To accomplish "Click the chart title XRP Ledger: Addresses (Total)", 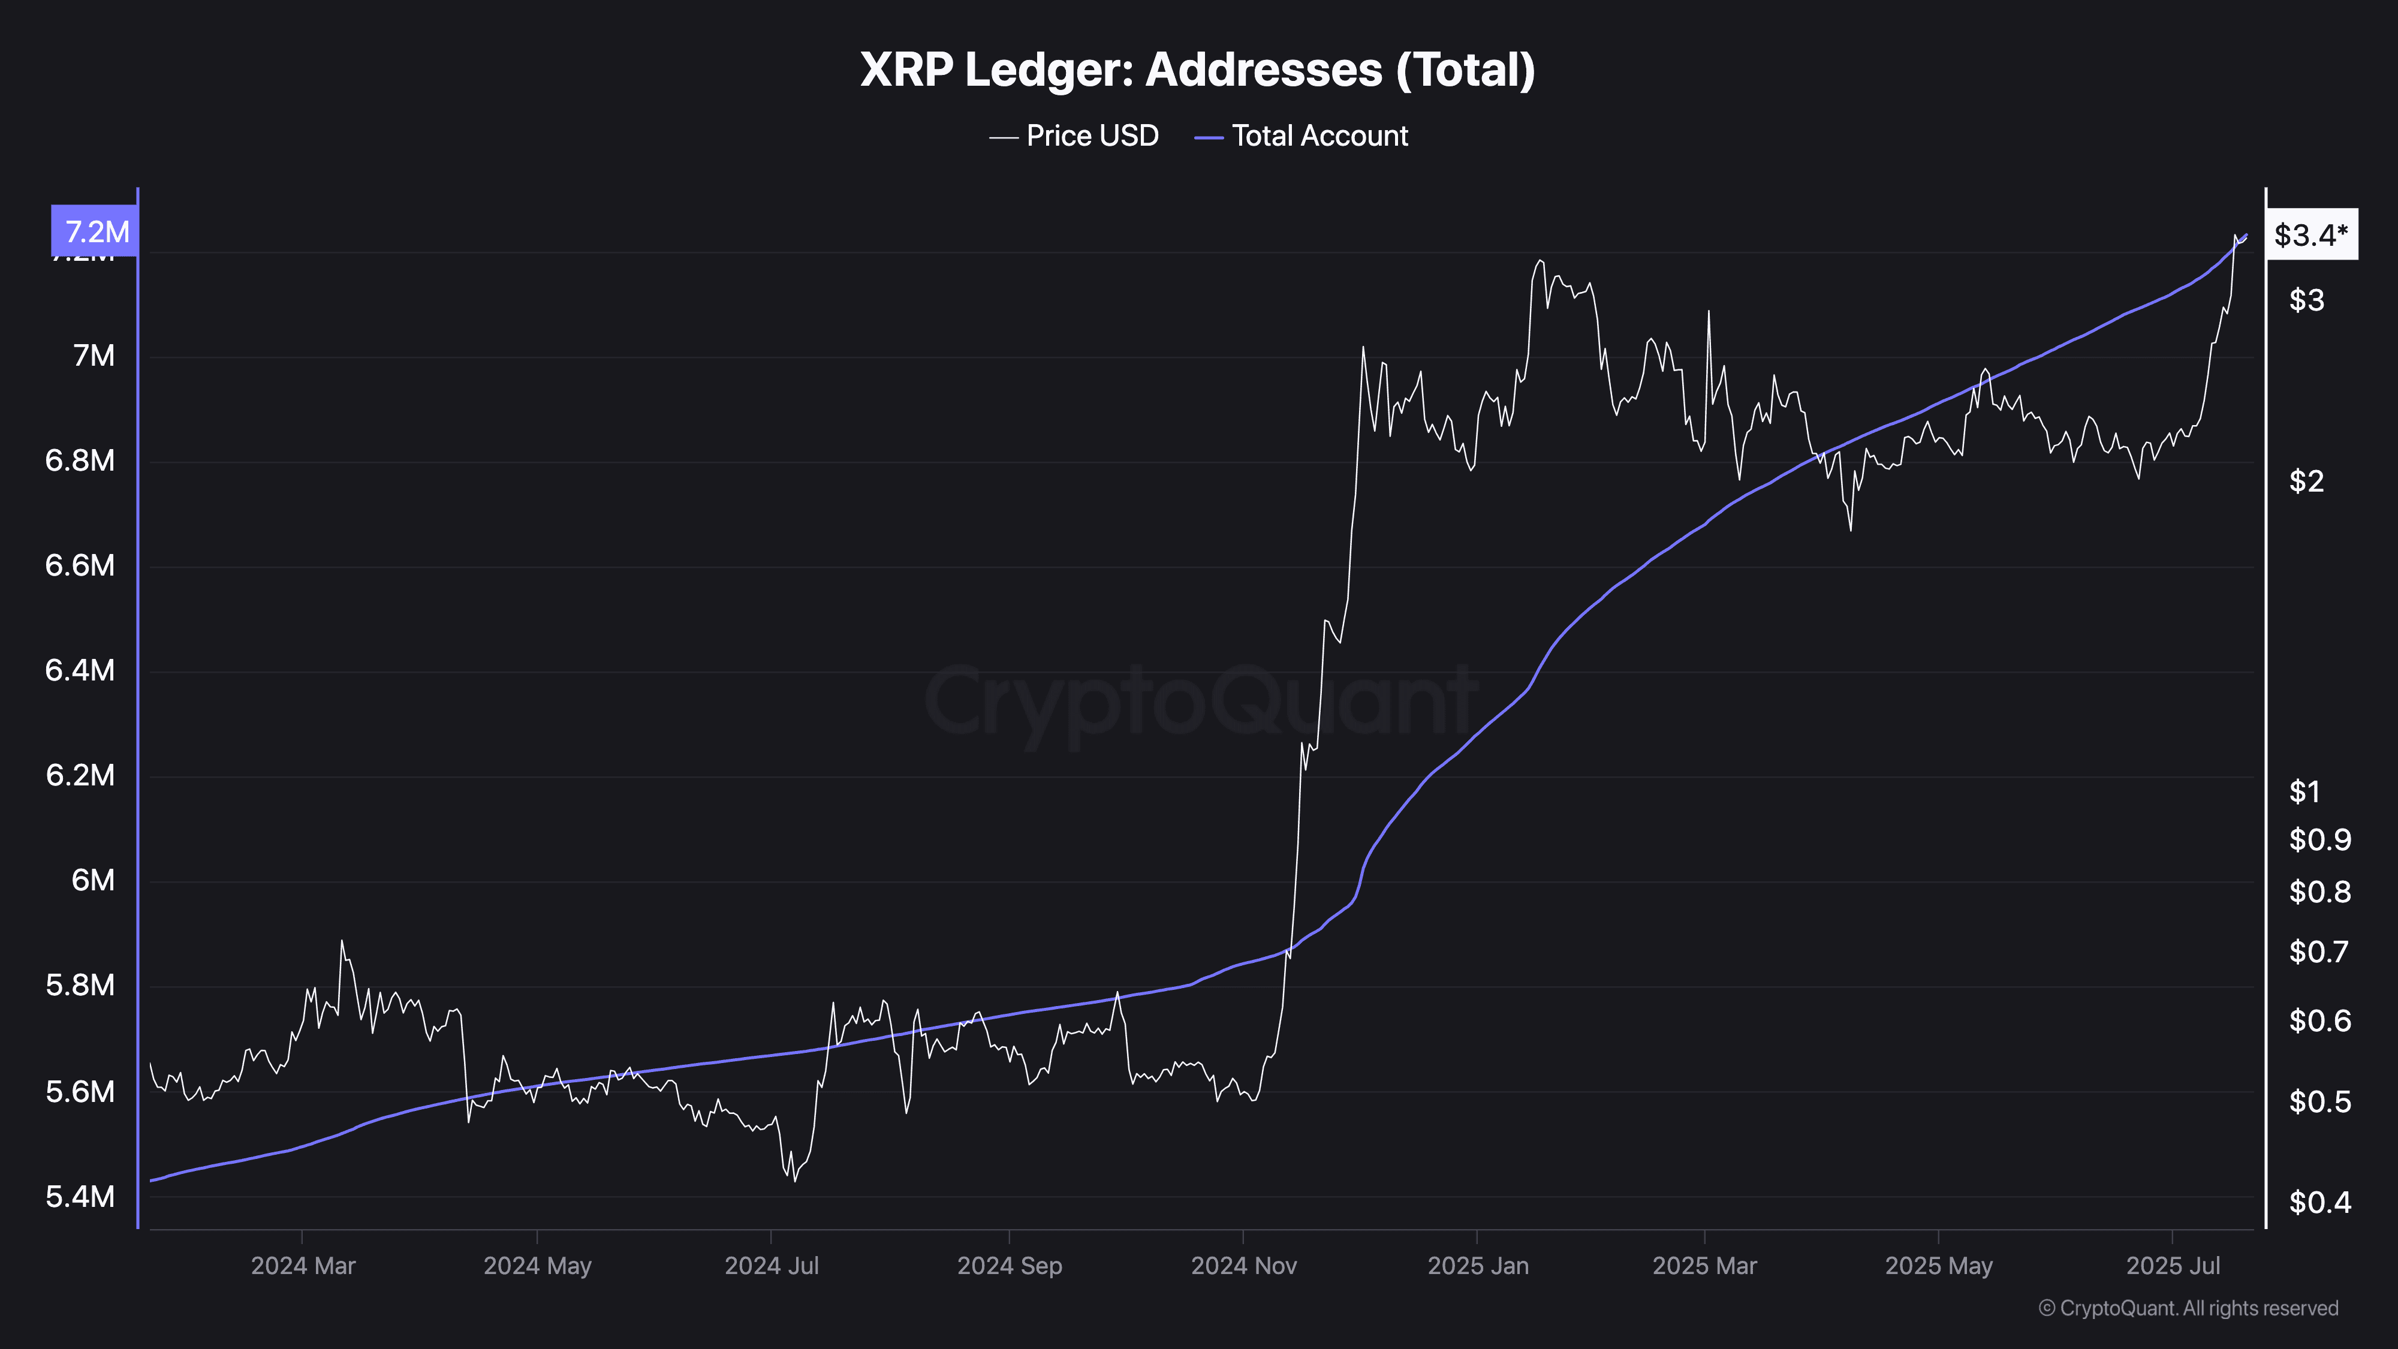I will pos(1197,70).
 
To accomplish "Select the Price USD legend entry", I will pos(1074,136).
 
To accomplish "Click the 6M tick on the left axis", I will pos(93,880).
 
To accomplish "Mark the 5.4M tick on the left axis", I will pos(80,1196).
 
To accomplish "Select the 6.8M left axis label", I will pos(80,460).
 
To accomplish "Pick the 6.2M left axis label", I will pos(80,775).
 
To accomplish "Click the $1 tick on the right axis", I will pos(2305,791).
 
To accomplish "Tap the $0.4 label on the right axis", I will pos(2320,1202).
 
